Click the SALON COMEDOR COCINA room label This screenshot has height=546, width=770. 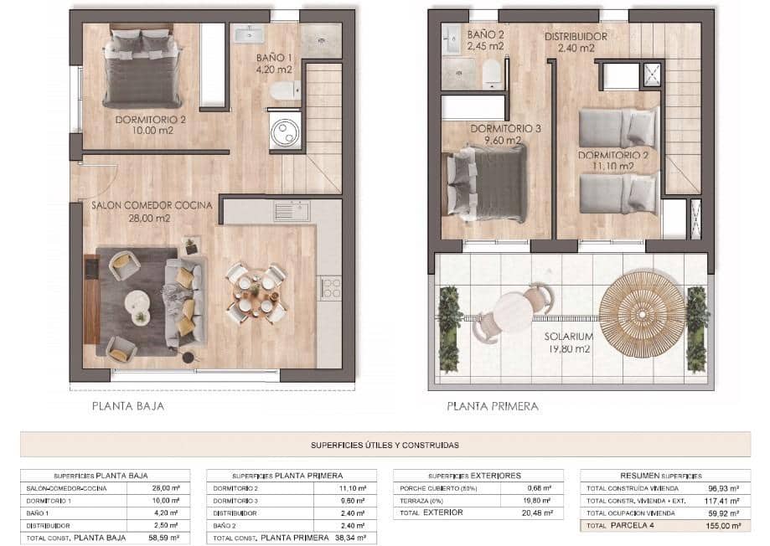[152, 205]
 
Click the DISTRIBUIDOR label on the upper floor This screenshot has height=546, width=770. [576, 37]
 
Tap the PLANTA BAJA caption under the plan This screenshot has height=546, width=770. [127, 407]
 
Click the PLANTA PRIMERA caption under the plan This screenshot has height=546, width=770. [492, 407]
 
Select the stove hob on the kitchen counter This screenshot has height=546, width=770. [330, 289]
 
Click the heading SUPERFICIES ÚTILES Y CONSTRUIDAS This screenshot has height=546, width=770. [385, 446]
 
